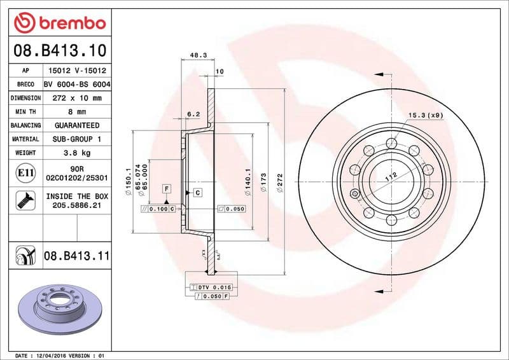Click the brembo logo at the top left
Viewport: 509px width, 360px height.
point(59,23)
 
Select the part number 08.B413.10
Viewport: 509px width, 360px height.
point(59,50)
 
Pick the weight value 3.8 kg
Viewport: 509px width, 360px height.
point(76,153)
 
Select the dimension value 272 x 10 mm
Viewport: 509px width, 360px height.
point(76,98)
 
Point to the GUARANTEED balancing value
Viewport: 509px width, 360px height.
point(76,125)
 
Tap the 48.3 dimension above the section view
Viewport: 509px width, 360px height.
point(197,56)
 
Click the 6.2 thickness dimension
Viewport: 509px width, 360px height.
point(193,114)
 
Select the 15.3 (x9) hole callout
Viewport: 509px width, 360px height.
point(425,115)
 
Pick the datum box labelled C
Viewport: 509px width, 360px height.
point(198,192)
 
